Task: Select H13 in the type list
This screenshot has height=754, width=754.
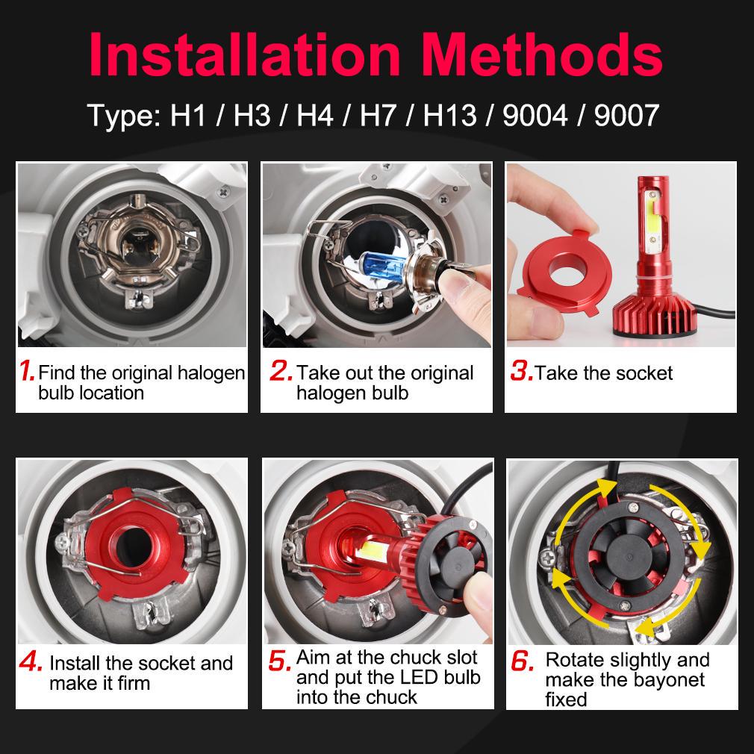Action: (449, 116)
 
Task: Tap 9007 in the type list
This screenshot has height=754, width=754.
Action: (626, 116)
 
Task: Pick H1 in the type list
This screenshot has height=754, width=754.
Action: (188, 116)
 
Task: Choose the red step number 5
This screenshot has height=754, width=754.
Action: (280, 661)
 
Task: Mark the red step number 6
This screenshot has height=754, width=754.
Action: (523, 661)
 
